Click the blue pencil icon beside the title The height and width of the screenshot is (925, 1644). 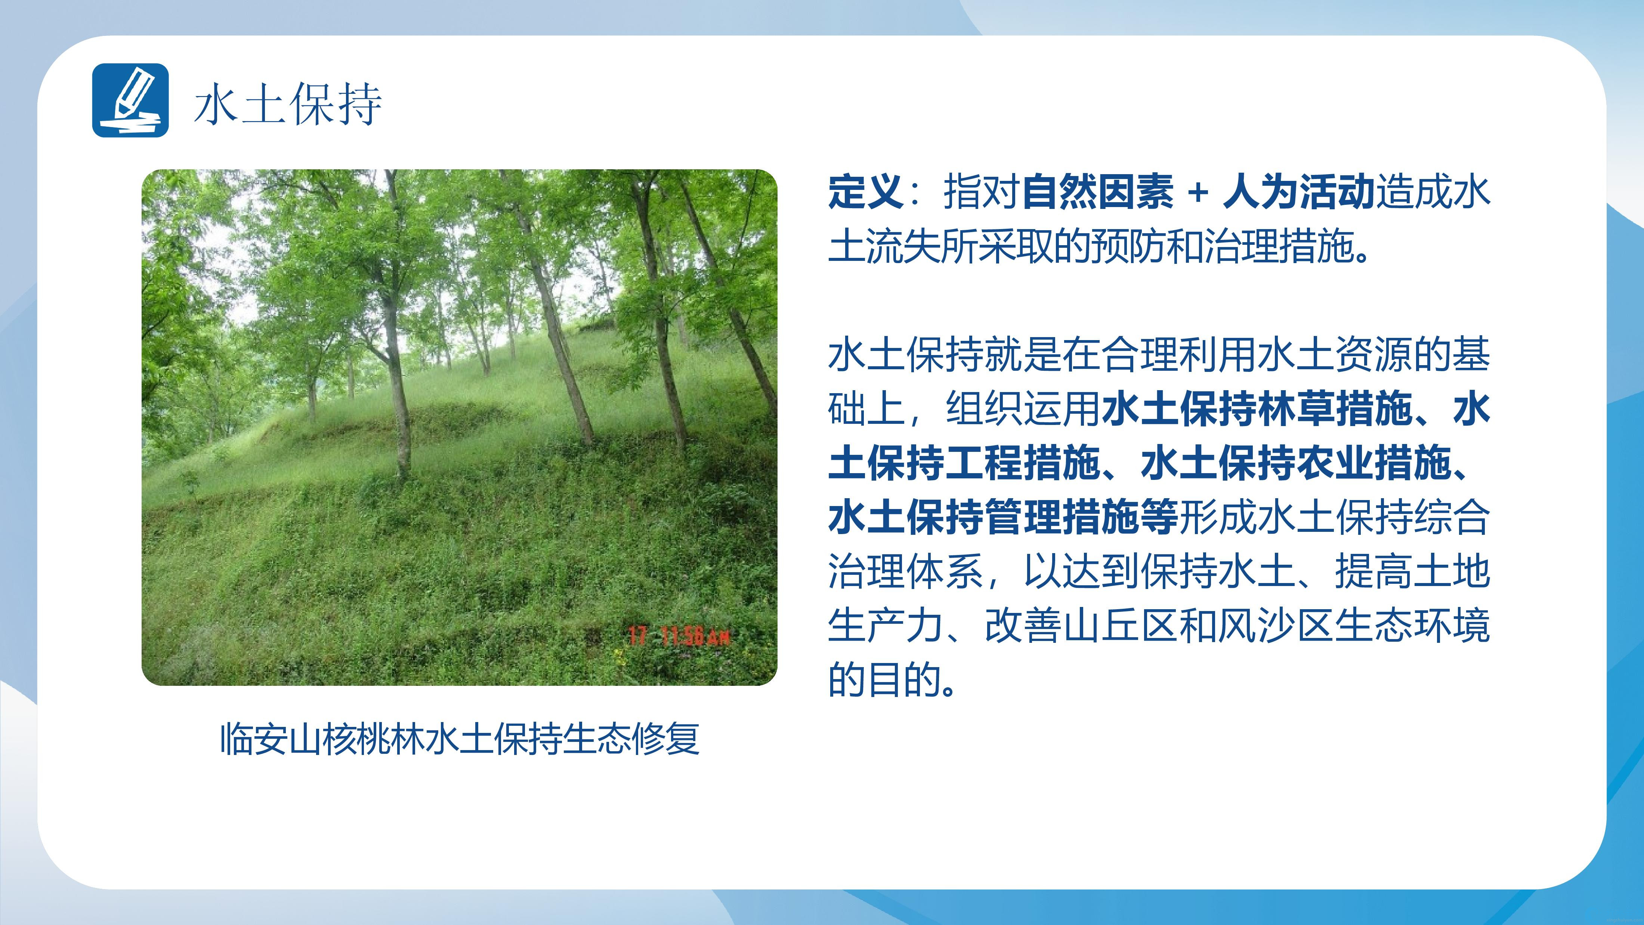[x=130, y=100]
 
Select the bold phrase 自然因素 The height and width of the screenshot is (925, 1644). [x=1098, y=191]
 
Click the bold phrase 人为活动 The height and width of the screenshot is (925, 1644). [x=1298, y=191]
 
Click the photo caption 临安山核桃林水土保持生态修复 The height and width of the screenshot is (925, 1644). [x=460, y=739]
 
